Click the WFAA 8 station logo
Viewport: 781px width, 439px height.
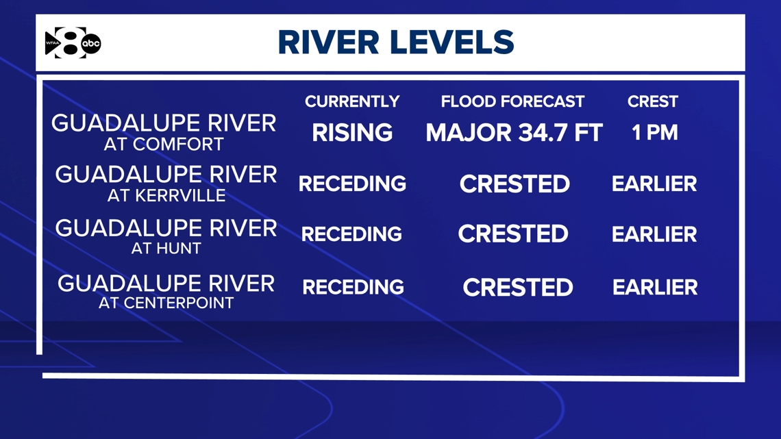(x=73, y=43)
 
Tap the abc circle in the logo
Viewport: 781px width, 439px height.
(x=91, y=44)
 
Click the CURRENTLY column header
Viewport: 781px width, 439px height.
(x=352, y=101)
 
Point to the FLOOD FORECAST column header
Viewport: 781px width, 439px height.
(x=512, y=101)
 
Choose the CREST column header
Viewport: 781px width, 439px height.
(x=652, y=101)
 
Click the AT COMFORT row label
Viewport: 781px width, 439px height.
(x=164, y=145)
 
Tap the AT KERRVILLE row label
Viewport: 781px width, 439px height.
(x=166, y=196)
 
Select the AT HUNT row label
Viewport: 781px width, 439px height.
(x=166, y=248)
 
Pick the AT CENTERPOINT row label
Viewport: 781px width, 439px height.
(x=166, y=303)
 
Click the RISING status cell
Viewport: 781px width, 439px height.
(x=352, y=132)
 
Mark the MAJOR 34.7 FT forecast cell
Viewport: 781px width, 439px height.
(x=514, y=133)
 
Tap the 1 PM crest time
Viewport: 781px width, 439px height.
(x=654, y=133)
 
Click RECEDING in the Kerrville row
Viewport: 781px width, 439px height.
(x=352, y=184)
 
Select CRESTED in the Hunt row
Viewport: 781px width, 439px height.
(x=513, y=234)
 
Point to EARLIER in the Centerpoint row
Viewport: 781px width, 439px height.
(x=655, y=287)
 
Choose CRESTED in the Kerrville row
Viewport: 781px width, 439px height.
(x=515, y=184)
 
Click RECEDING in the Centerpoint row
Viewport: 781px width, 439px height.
(x=353, y=287)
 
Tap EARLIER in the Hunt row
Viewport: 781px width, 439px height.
(x=654, y=234)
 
